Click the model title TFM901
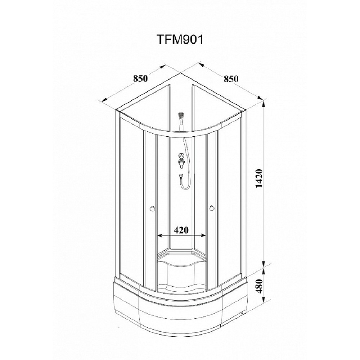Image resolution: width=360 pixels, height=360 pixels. point(180,40)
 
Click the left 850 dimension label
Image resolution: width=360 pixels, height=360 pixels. point(140,78)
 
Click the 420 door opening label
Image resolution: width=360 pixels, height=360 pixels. point(181,230)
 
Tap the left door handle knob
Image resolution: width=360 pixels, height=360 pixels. point(152,208)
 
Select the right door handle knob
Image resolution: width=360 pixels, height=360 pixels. point(211,208)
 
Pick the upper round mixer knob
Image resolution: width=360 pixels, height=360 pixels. point(181,156)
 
